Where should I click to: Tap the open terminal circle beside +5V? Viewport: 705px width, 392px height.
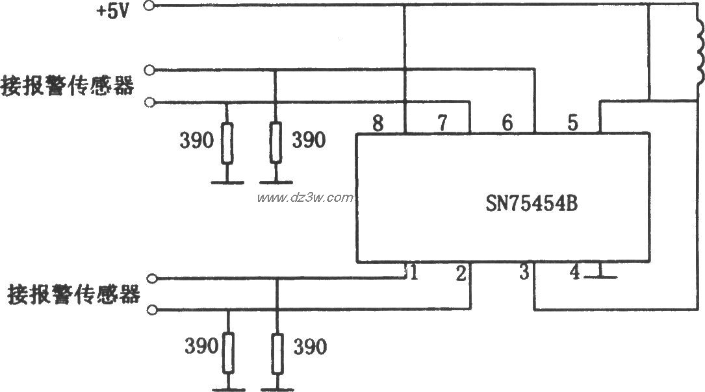point(151,6)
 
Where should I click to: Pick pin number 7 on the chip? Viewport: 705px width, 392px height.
point(442,122)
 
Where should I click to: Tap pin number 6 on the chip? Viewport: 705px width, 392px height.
point(507,122)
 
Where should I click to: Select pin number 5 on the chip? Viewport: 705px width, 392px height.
point(572,122)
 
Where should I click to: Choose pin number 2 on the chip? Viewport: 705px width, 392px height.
point(460,274)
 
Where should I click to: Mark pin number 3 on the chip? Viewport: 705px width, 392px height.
point(524,274)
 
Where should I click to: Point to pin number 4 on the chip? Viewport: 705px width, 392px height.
point(574,274)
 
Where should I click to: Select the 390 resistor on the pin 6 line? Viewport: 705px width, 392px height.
point(276,142)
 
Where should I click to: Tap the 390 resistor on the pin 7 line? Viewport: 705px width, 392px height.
point(226,142)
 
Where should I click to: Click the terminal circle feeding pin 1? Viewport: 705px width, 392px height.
point(152,280)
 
